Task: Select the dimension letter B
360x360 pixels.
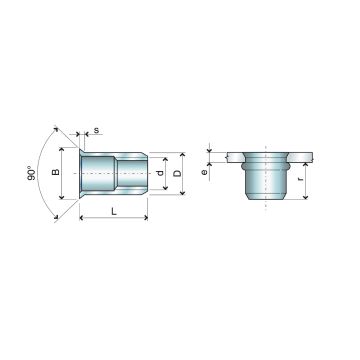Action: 57,173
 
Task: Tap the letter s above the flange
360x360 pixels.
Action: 96,130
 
